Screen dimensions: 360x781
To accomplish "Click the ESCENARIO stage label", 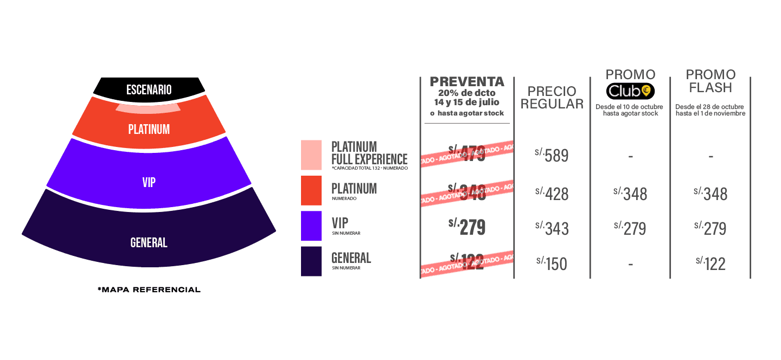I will [149, 89].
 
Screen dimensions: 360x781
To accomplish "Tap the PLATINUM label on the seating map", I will [149, 130].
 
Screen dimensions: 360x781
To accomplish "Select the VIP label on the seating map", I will [149, 183].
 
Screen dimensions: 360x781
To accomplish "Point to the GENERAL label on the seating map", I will [149, 243].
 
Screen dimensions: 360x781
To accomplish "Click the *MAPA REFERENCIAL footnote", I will [149, 290].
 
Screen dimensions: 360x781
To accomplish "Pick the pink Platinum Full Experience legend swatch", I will [311, 155].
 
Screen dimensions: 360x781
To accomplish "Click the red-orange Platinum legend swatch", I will [311, 191].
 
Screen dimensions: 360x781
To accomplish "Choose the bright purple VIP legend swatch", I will [311, 226].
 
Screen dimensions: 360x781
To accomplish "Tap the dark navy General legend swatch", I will [311, 261].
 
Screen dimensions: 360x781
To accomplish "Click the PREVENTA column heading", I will [467, 82].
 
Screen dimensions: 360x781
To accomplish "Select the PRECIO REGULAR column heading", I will [552, 98].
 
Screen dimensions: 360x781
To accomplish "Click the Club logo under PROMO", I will [630, 91].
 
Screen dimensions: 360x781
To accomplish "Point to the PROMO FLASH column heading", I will [710, 81].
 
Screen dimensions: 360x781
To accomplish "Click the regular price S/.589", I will [552, 156].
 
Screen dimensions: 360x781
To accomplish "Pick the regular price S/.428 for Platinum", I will [552, 192].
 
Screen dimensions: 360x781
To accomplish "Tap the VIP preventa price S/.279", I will [467, 227].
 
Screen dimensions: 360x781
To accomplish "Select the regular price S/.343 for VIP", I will [552, 228].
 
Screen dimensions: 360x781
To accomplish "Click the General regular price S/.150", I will [552, 263].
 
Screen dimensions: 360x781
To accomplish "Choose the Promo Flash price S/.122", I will [710, 263].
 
